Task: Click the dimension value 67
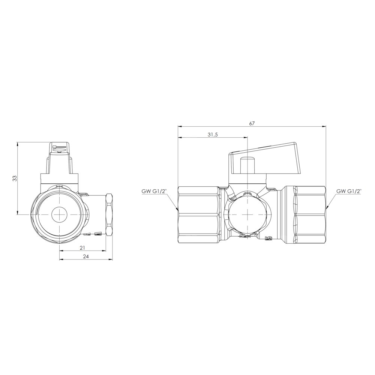(252, 123)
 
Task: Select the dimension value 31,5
(213, 135)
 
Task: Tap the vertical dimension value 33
(15, 178)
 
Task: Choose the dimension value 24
(85, 256)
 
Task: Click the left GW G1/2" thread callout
(152, 191)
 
